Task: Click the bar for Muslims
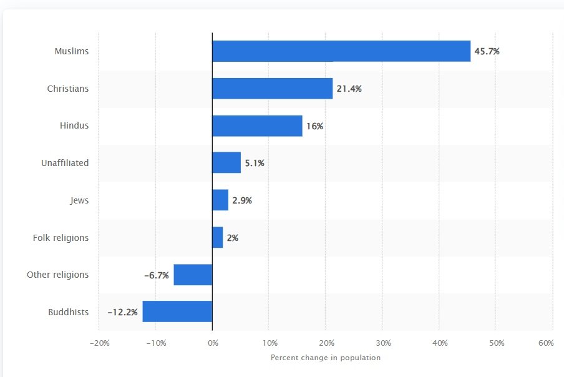(341, 51)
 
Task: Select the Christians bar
(272, 89)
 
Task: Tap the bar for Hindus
(257, 125)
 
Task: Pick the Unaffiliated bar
(226, 163)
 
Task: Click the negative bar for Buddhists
(177, 311)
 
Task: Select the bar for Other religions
(193, 275)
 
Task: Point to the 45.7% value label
(487, 51)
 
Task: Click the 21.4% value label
(349, 89)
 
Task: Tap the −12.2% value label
(123, 311)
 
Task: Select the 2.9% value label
(241, 200)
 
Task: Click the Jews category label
(79, 200)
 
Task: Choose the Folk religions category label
(61, 238)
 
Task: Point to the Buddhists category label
(68, 312)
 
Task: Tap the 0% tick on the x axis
(212, 343)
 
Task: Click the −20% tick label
(100, 343)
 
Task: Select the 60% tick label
(546, 343)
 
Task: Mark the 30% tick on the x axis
(382, 343)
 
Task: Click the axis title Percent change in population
(325, 358)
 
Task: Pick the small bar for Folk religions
(218, 238)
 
